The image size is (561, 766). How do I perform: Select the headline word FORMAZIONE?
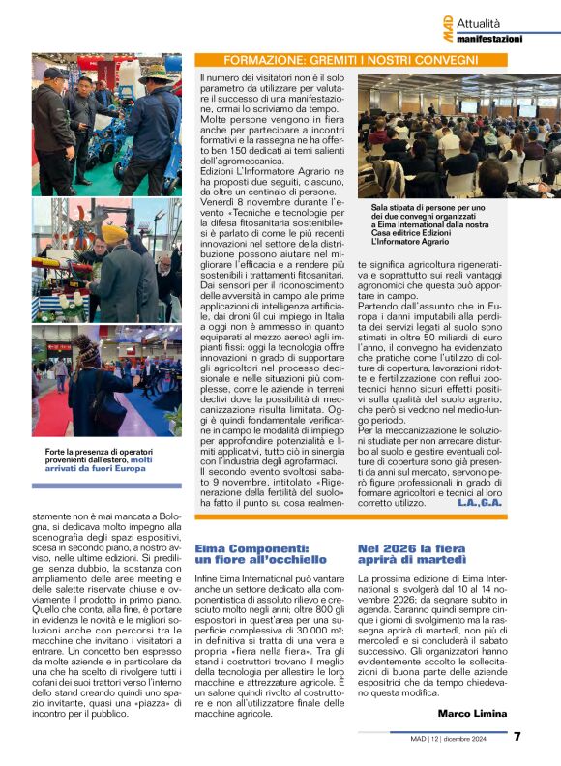(253, 59)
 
